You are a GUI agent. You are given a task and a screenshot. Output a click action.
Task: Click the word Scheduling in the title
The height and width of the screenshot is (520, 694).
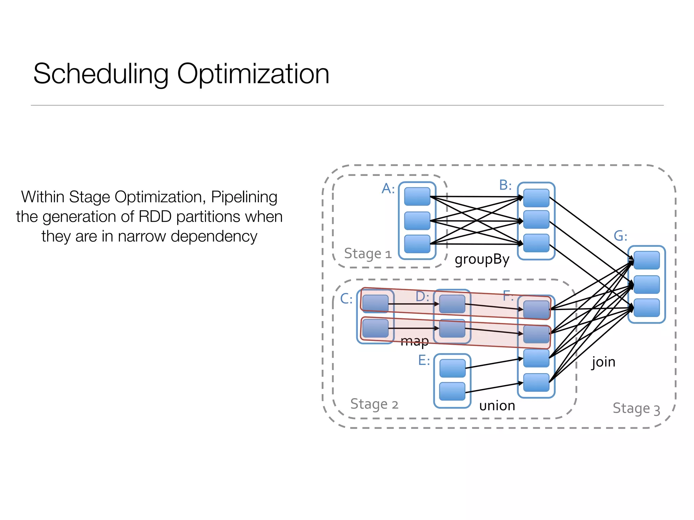[101, 74]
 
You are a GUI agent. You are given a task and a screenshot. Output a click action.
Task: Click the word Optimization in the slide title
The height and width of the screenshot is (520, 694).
[253, 74]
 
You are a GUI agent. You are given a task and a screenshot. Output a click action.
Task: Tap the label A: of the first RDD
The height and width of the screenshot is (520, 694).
[388, 189]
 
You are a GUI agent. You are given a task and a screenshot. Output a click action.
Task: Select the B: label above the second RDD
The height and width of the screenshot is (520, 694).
[505, 185]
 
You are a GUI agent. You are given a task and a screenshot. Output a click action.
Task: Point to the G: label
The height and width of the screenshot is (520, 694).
[620, 236]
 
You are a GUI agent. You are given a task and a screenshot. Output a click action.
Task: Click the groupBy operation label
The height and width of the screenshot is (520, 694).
[482, 260]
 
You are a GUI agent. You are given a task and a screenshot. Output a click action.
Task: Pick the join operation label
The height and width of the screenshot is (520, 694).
[603, 362]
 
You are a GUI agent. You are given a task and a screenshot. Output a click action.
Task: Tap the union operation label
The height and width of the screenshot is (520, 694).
[497, 406]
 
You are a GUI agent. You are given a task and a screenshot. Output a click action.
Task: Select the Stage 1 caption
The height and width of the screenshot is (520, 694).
[368, 254]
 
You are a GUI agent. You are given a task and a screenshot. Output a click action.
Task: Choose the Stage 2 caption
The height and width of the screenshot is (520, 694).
[374, 404]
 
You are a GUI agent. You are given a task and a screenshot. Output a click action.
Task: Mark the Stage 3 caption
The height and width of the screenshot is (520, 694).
[636, 409]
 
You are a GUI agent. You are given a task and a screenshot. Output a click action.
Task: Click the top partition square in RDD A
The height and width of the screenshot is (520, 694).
[417, 197]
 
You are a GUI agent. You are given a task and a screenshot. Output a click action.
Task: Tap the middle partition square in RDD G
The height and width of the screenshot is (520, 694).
[647, 284]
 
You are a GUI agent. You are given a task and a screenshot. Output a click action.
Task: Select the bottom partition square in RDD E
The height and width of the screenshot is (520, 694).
[452, 391]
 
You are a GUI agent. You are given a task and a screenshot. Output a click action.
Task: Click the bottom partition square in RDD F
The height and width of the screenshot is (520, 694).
[536, 383]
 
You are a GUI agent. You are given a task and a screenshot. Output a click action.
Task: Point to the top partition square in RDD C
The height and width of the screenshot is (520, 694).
[375, 303]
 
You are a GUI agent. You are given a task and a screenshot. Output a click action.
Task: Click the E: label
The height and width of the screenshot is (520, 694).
[424, 360]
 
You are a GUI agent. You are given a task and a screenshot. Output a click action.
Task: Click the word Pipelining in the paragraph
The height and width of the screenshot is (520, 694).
[244, 197]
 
